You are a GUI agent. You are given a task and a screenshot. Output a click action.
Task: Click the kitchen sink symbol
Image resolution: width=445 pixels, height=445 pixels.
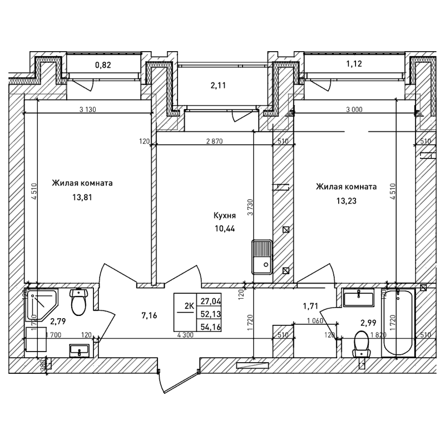261,256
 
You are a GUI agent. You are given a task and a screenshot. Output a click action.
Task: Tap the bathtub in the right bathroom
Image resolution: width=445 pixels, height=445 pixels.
398,323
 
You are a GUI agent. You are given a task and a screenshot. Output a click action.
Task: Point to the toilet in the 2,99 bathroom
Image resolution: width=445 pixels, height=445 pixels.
362,343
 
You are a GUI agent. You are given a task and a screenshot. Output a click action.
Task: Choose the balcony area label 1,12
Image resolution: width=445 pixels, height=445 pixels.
354,65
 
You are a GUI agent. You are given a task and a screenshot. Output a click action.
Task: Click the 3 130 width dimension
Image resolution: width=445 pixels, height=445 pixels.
88,109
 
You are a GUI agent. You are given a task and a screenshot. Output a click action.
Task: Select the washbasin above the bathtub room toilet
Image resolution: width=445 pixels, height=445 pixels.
358,298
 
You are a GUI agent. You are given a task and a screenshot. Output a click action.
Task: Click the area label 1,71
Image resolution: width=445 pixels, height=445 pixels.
310,305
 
